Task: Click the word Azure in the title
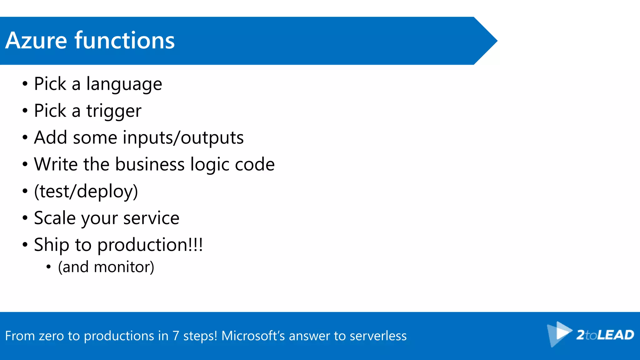coord(36,41)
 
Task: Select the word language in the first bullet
coord(124,84)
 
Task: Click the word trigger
coord(114,111)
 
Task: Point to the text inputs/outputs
coord(183,138)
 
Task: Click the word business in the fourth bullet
coord(150,164)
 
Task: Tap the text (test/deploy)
coord(86,191)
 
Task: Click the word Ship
coord(51,245)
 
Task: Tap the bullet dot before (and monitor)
coord(48,267)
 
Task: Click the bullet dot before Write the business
coord(25,164)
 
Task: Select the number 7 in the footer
coord(176,336)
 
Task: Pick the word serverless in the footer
coord(378,336)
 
